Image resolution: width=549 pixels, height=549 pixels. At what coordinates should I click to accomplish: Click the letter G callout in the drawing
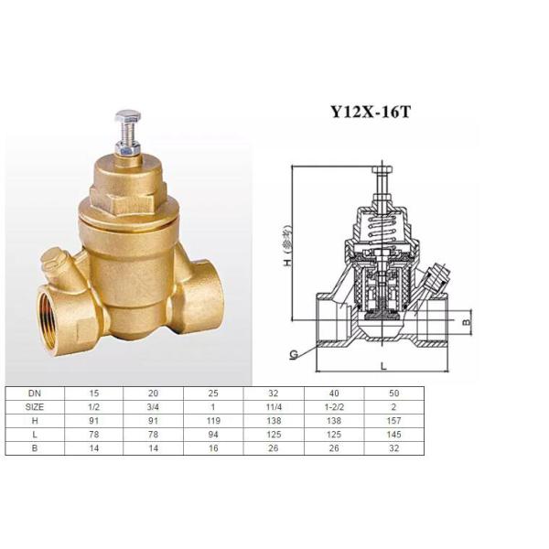tap(294, 352)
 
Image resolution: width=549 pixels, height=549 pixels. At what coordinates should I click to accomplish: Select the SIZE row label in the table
tap(35, 405)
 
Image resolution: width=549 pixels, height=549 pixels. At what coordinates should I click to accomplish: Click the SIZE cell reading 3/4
tap(154, 405)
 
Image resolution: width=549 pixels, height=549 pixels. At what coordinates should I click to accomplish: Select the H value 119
tap(213, 420)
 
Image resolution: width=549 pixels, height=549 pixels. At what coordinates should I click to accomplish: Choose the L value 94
tap(213, 434)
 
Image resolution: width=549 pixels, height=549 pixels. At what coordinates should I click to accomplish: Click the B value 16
tap(213, 448)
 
